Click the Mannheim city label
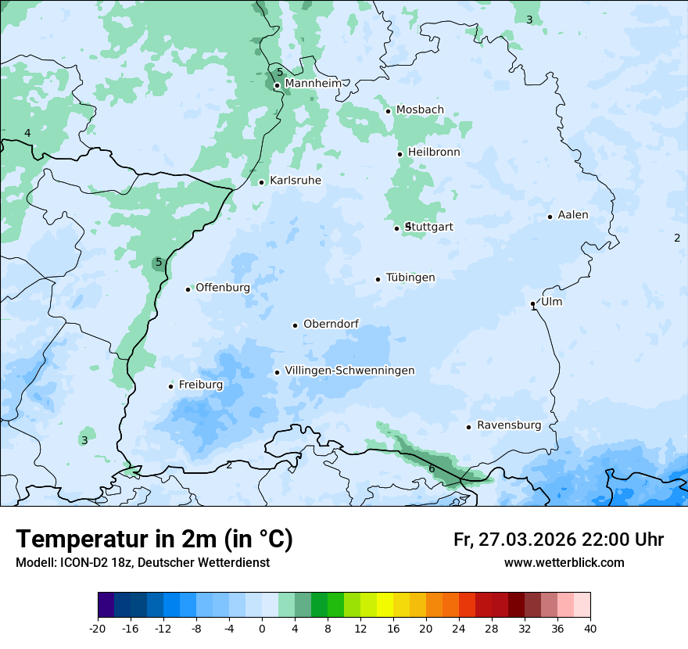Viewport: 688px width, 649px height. (x=313, y=84)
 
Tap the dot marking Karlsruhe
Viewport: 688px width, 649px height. (x=262, y=182)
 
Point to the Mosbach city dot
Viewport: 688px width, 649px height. (x=388, y=111)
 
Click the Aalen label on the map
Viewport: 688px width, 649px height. (x=573, y=215)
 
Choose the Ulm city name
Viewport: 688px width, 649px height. (x=551, y=302)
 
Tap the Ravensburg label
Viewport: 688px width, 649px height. (x=509, y=425)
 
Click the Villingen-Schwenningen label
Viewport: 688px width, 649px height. (x=349, y=371)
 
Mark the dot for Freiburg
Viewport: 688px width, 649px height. (x=170, y=386)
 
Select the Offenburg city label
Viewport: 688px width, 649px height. (x=223, y=288)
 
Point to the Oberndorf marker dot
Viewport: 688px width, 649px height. (x=295, y=325)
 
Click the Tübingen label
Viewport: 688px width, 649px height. (x=410, y=278)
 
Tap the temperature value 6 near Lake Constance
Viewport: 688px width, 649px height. (x=432, y=468)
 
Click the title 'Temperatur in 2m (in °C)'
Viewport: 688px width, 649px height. (x=154, y=540)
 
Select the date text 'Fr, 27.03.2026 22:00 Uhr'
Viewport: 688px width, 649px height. (x=558, y=540)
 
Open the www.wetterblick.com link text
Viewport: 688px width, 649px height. (x=564, y=563)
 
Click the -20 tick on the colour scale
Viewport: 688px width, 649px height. (x=98, y=629)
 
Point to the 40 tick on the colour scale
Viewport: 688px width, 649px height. (x=590, y=629)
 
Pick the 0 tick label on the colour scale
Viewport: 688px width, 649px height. (x=262, y=629)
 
